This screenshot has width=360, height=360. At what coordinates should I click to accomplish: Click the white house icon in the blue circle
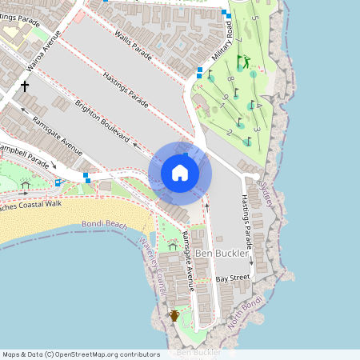(180, 172)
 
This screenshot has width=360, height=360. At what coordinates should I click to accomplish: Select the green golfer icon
(246, 61)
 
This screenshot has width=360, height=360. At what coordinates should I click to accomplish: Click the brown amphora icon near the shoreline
(174, 315)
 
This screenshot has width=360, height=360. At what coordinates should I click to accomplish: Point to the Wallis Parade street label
(133, 42)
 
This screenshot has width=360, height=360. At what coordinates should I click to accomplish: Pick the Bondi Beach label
(104, 226)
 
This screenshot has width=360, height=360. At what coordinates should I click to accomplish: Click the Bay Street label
(233, 278)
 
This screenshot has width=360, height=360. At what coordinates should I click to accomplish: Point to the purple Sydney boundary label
(266, 193)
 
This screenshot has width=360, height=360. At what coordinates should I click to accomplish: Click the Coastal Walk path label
(32, 205)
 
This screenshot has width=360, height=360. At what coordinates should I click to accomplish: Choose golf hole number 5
(254, 17)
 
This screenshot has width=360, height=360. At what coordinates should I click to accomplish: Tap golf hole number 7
(238, 39)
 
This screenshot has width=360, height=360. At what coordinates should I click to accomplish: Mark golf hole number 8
(230, 79)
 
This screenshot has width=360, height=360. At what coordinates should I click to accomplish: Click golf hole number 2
(230, 131)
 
